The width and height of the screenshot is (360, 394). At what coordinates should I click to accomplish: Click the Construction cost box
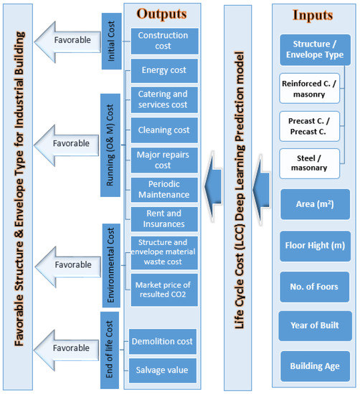[164, 41]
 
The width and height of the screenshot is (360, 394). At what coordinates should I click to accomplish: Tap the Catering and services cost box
[164, 100]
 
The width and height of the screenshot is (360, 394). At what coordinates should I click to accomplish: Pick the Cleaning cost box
[164, 130]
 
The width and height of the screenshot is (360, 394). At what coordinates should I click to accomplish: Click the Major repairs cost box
[164, 160]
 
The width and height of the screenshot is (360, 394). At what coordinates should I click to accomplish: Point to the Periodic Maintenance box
[164, 189]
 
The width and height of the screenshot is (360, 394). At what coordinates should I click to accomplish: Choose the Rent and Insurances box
[164, 219]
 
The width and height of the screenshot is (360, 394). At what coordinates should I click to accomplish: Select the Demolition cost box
[164, 341]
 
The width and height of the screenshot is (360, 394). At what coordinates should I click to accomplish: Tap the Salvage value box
[164, 370]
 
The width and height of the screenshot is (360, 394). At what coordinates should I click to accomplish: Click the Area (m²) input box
[314, 206]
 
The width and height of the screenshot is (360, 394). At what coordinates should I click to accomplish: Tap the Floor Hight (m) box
[314, 246]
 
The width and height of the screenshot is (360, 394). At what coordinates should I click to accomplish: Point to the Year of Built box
[314, 326]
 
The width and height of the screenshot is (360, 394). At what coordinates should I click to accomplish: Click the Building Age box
[314, 366]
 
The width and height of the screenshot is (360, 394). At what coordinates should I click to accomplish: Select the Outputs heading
[161, 14]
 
